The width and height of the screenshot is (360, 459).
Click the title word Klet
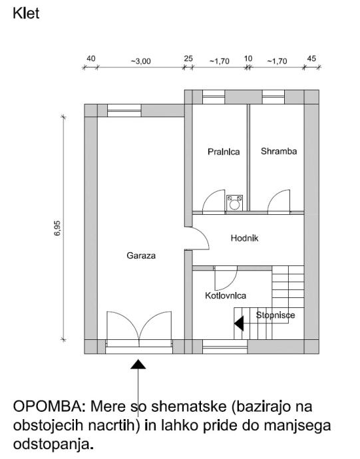(x=26, y=13)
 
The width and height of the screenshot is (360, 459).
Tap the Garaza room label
(x=141, y=255)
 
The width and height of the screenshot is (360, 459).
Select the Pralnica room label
(x=224, y=152)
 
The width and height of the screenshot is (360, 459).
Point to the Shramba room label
(x=279, y=151)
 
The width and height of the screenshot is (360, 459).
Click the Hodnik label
(x=244, y=238)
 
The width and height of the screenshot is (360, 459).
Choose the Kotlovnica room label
(x=226, y=295)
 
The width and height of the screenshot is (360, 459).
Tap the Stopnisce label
(x=275, y=315)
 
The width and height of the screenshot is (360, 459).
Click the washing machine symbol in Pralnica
(x=234, y=203)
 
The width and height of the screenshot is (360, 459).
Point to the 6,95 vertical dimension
(x=57, y=228)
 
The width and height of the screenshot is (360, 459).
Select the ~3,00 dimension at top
(x=140, y=61)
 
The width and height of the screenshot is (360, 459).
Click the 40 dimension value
(x=90, y=59)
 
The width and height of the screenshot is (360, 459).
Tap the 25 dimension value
(x=188, y=59)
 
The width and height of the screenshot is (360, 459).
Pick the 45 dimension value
(x=311, y=59)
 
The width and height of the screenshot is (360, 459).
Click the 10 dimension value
(x=248, y=59)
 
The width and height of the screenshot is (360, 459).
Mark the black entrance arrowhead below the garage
(x=138, y=364)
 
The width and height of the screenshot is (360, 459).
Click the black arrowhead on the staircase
(x=239, y=323)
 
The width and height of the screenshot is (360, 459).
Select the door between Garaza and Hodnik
(x=197, y=238)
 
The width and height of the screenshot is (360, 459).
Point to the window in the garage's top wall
(x=124, y=110)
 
